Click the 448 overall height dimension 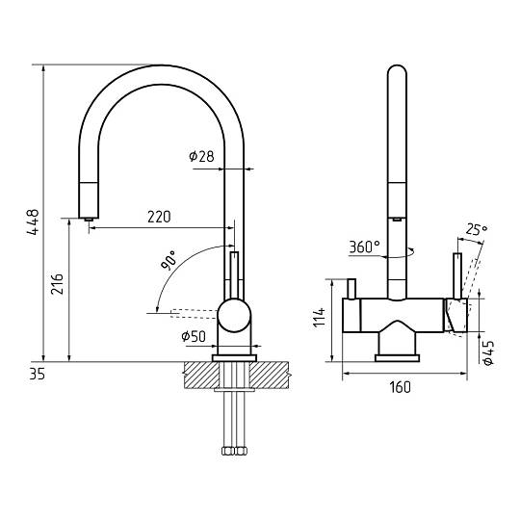point(33,221)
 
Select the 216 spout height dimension point(57,284)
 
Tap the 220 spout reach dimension point(159,217)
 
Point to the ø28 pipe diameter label point(201,156)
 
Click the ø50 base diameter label point(194,336)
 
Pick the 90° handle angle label point(169,260)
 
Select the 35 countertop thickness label point(37,374)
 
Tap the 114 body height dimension point(320,317)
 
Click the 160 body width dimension point(400,387)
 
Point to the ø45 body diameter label point(488,352)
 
